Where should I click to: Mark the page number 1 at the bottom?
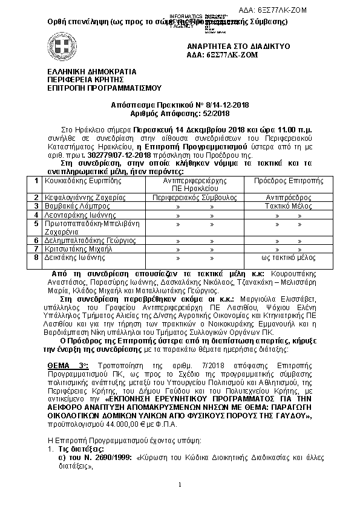click(x=180, y=485)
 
